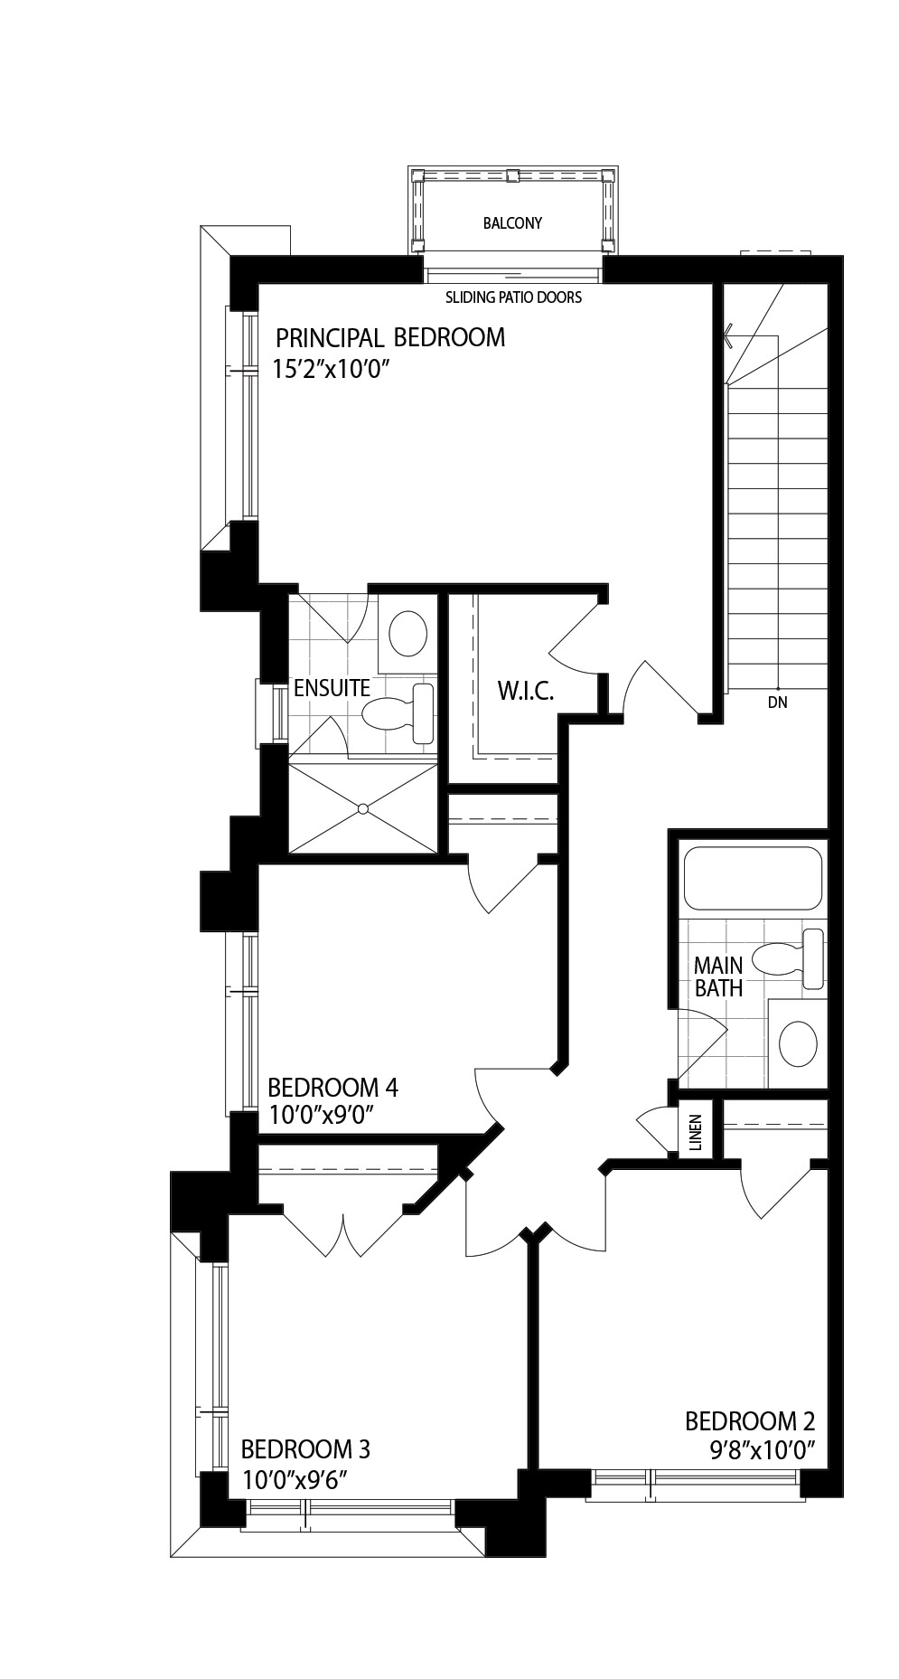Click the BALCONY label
pos(512,223)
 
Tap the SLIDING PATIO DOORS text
pos(513,297)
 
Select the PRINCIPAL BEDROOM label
pos(390,338)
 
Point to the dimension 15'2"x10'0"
pos(335,370)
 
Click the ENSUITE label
pos(332,688)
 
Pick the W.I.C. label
pos(525,693)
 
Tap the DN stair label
pos(777,702)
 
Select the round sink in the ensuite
pos(407,633)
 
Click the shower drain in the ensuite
pos(362,807)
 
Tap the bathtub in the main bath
pos(753,878)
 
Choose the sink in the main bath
pos(798,1043)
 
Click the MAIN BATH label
pos(718,977)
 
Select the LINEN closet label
pos(695,1131)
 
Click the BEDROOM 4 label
pos(332,1087)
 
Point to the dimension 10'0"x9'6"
pos(295,1481)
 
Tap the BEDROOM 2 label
pos(750,1422)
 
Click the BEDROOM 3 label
pos(305,1450)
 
